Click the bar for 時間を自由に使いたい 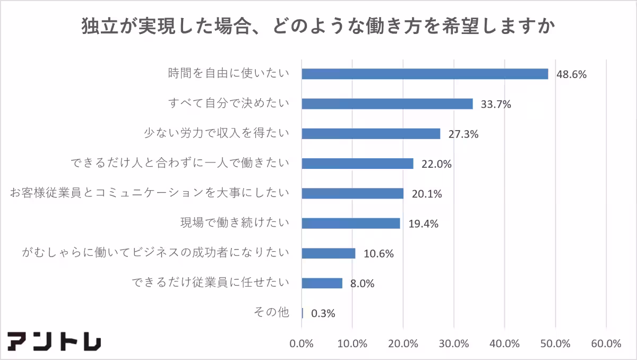(425, 74)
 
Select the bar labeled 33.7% (387, 104)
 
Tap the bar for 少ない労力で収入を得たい (371, 134)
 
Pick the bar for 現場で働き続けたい (350, 224)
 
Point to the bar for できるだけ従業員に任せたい (322, 283)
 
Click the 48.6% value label (571, 74)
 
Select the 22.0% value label (436, 164)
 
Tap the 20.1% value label (426, 194)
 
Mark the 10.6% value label (378, 254)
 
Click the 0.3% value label (323, 313)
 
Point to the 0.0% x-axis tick (302, 344)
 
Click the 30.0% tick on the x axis (454, 344)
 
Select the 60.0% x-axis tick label (606, 344)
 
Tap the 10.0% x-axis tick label (352, 344)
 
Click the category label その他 (272, 312)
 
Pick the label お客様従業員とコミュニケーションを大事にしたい (150, 193)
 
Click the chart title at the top (318, 25)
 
